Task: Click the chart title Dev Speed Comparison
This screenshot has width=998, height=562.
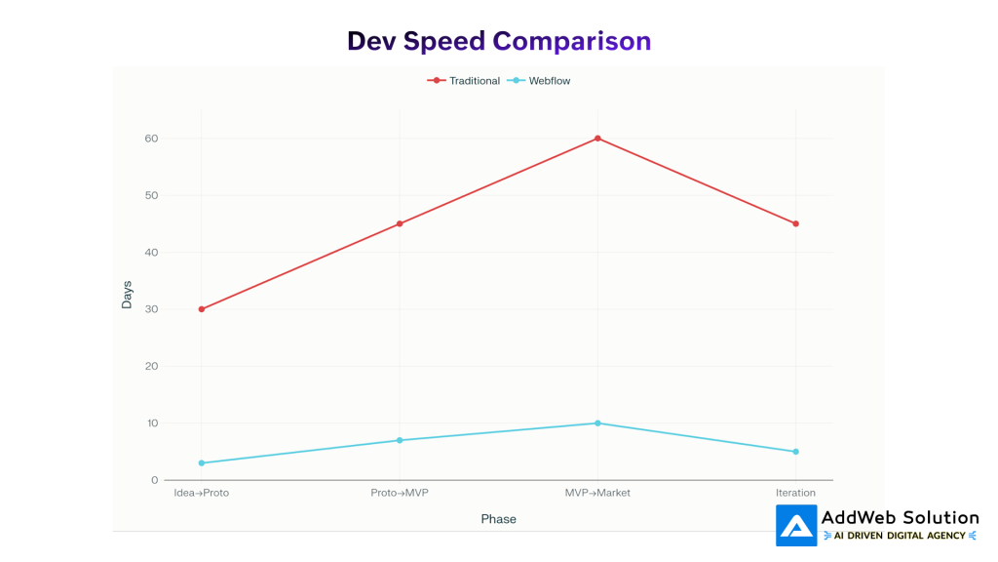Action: pos(499,41)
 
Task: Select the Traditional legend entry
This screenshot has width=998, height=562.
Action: pos(464,81)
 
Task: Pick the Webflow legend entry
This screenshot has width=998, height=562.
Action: pos(539,81)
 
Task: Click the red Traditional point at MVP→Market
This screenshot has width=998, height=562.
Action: pos(597,139)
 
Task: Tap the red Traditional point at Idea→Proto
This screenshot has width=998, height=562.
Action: pos(202,309)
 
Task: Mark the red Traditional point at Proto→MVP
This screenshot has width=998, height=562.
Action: pos(400,223)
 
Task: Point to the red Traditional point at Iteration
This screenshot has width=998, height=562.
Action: pos(795,223)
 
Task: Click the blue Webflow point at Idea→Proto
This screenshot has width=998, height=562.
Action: pos(202,462)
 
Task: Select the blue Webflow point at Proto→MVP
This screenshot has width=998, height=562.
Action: pos(400,440)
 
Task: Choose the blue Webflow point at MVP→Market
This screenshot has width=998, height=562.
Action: pos(597,423)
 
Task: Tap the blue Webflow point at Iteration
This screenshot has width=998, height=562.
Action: pos(795,452)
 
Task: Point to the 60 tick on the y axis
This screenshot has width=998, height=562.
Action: pos(151,139)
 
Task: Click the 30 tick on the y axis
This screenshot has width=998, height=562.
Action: pos(151,309)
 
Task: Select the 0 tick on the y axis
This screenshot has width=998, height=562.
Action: pos(154,480)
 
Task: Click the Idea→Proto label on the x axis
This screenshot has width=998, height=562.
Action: pos(202,493)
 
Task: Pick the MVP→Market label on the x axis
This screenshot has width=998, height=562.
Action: pos(597,493)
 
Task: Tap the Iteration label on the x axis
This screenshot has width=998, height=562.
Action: pos(795,493)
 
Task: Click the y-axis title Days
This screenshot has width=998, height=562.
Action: pos(127,295)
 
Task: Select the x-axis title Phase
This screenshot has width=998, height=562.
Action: pos(498,519)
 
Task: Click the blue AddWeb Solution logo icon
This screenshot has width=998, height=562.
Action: pos(796,526)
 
